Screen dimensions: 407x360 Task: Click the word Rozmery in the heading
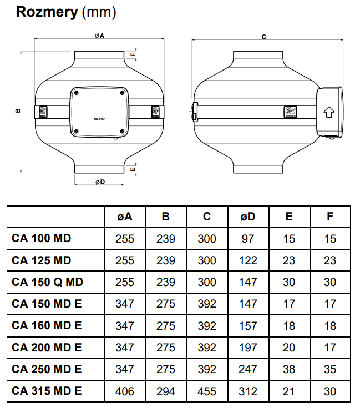point(47,12)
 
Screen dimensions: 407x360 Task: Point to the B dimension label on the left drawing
point(18,111)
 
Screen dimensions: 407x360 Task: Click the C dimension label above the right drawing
point(264,37)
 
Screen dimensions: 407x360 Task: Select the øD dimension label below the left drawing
point(100,183)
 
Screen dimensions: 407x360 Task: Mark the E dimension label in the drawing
point(133,168)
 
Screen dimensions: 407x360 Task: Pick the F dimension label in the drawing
point(133,54)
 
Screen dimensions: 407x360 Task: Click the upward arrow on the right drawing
point(328,112)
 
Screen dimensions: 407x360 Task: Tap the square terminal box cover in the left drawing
point(100,113)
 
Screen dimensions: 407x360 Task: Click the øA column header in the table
point(125,217)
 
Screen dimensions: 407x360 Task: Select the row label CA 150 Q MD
point(47,282)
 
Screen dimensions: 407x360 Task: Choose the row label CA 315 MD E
point(47,391)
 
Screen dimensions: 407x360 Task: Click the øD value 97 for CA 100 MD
point(248,239)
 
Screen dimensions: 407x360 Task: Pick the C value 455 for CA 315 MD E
point(207,391)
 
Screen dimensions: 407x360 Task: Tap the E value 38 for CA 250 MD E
point(289,369)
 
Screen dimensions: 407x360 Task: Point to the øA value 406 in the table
point(125,391)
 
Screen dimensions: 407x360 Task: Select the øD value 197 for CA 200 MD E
point(248,348)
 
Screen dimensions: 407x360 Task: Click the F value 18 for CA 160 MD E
point(330,326)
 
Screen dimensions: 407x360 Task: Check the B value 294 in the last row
point(166,391)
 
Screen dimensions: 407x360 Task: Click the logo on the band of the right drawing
point(290,112)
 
